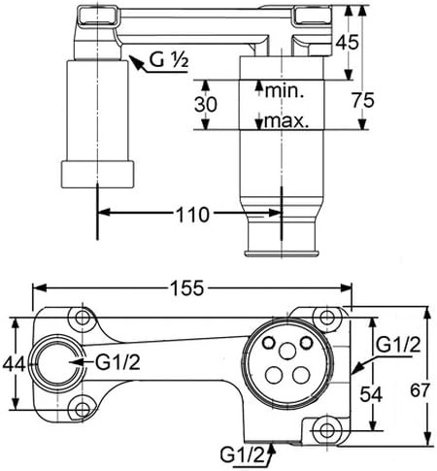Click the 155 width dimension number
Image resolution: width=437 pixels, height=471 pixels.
(187, 288)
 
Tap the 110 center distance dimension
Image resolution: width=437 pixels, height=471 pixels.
(192, 215)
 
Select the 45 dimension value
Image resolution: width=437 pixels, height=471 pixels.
(347, 42)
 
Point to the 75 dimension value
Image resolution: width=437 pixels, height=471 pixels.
(363, 100)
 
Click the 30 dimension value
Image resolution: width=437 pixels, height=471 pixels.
(206, 105)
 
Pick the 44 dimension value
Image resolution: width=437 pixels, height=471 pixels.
(14, 365)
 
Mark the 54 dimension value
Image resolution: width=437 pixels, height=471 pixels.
(371, 394)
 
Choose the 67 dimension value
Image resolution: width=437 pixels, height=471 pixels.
(420, 390)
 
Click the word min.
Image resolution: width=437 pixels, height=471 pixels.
(285, 91)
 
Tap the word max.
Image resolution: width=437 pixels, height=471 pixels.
(286, 120)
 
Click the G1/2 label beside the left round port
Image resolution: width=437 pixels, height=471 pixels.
(118, 362)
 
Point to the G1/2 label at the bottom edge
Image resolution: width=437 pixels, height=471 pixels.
(242, 455)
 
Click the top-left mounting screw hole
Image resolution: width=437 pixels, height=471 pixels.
(83, 317)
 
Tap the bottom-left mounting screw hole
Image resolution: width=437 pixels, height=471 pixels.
(83, 410)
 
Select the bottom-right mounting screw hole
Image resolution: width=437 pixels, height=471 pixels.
(327, 430)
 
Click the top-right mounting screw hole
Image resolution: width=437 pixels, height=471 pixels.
(327, 317)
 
